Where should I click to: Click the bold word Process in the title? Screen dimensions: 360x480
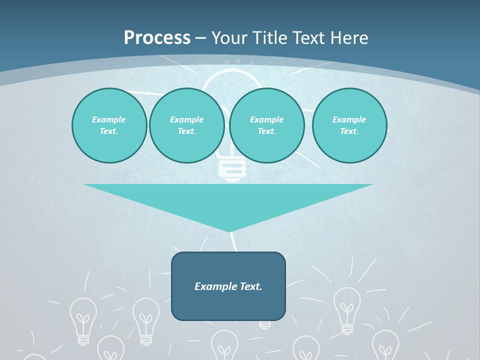click(157, 38)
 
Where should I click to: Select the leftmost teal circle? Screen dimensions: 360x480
click(109, 125)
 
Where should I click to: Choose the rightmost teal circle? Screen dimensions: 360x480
click(349, 125)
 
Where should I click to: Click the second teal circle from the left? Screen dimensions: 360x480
click(187, 125)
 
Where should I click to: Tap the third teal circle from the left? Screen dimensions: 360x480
click(267, 125)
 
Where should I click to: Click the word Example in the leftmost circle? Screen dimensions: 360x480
click(109, 119)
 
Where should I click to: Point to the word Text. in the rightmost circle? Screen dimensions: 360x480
click(349, 131)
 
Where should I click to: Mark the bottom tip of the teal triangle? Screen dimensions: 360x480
click(229, 231)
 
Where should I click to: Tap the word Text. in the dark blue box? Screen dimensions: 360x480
click(251, 286)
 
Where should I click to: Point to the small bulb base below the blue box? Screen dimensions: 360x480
click(265, 324)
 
